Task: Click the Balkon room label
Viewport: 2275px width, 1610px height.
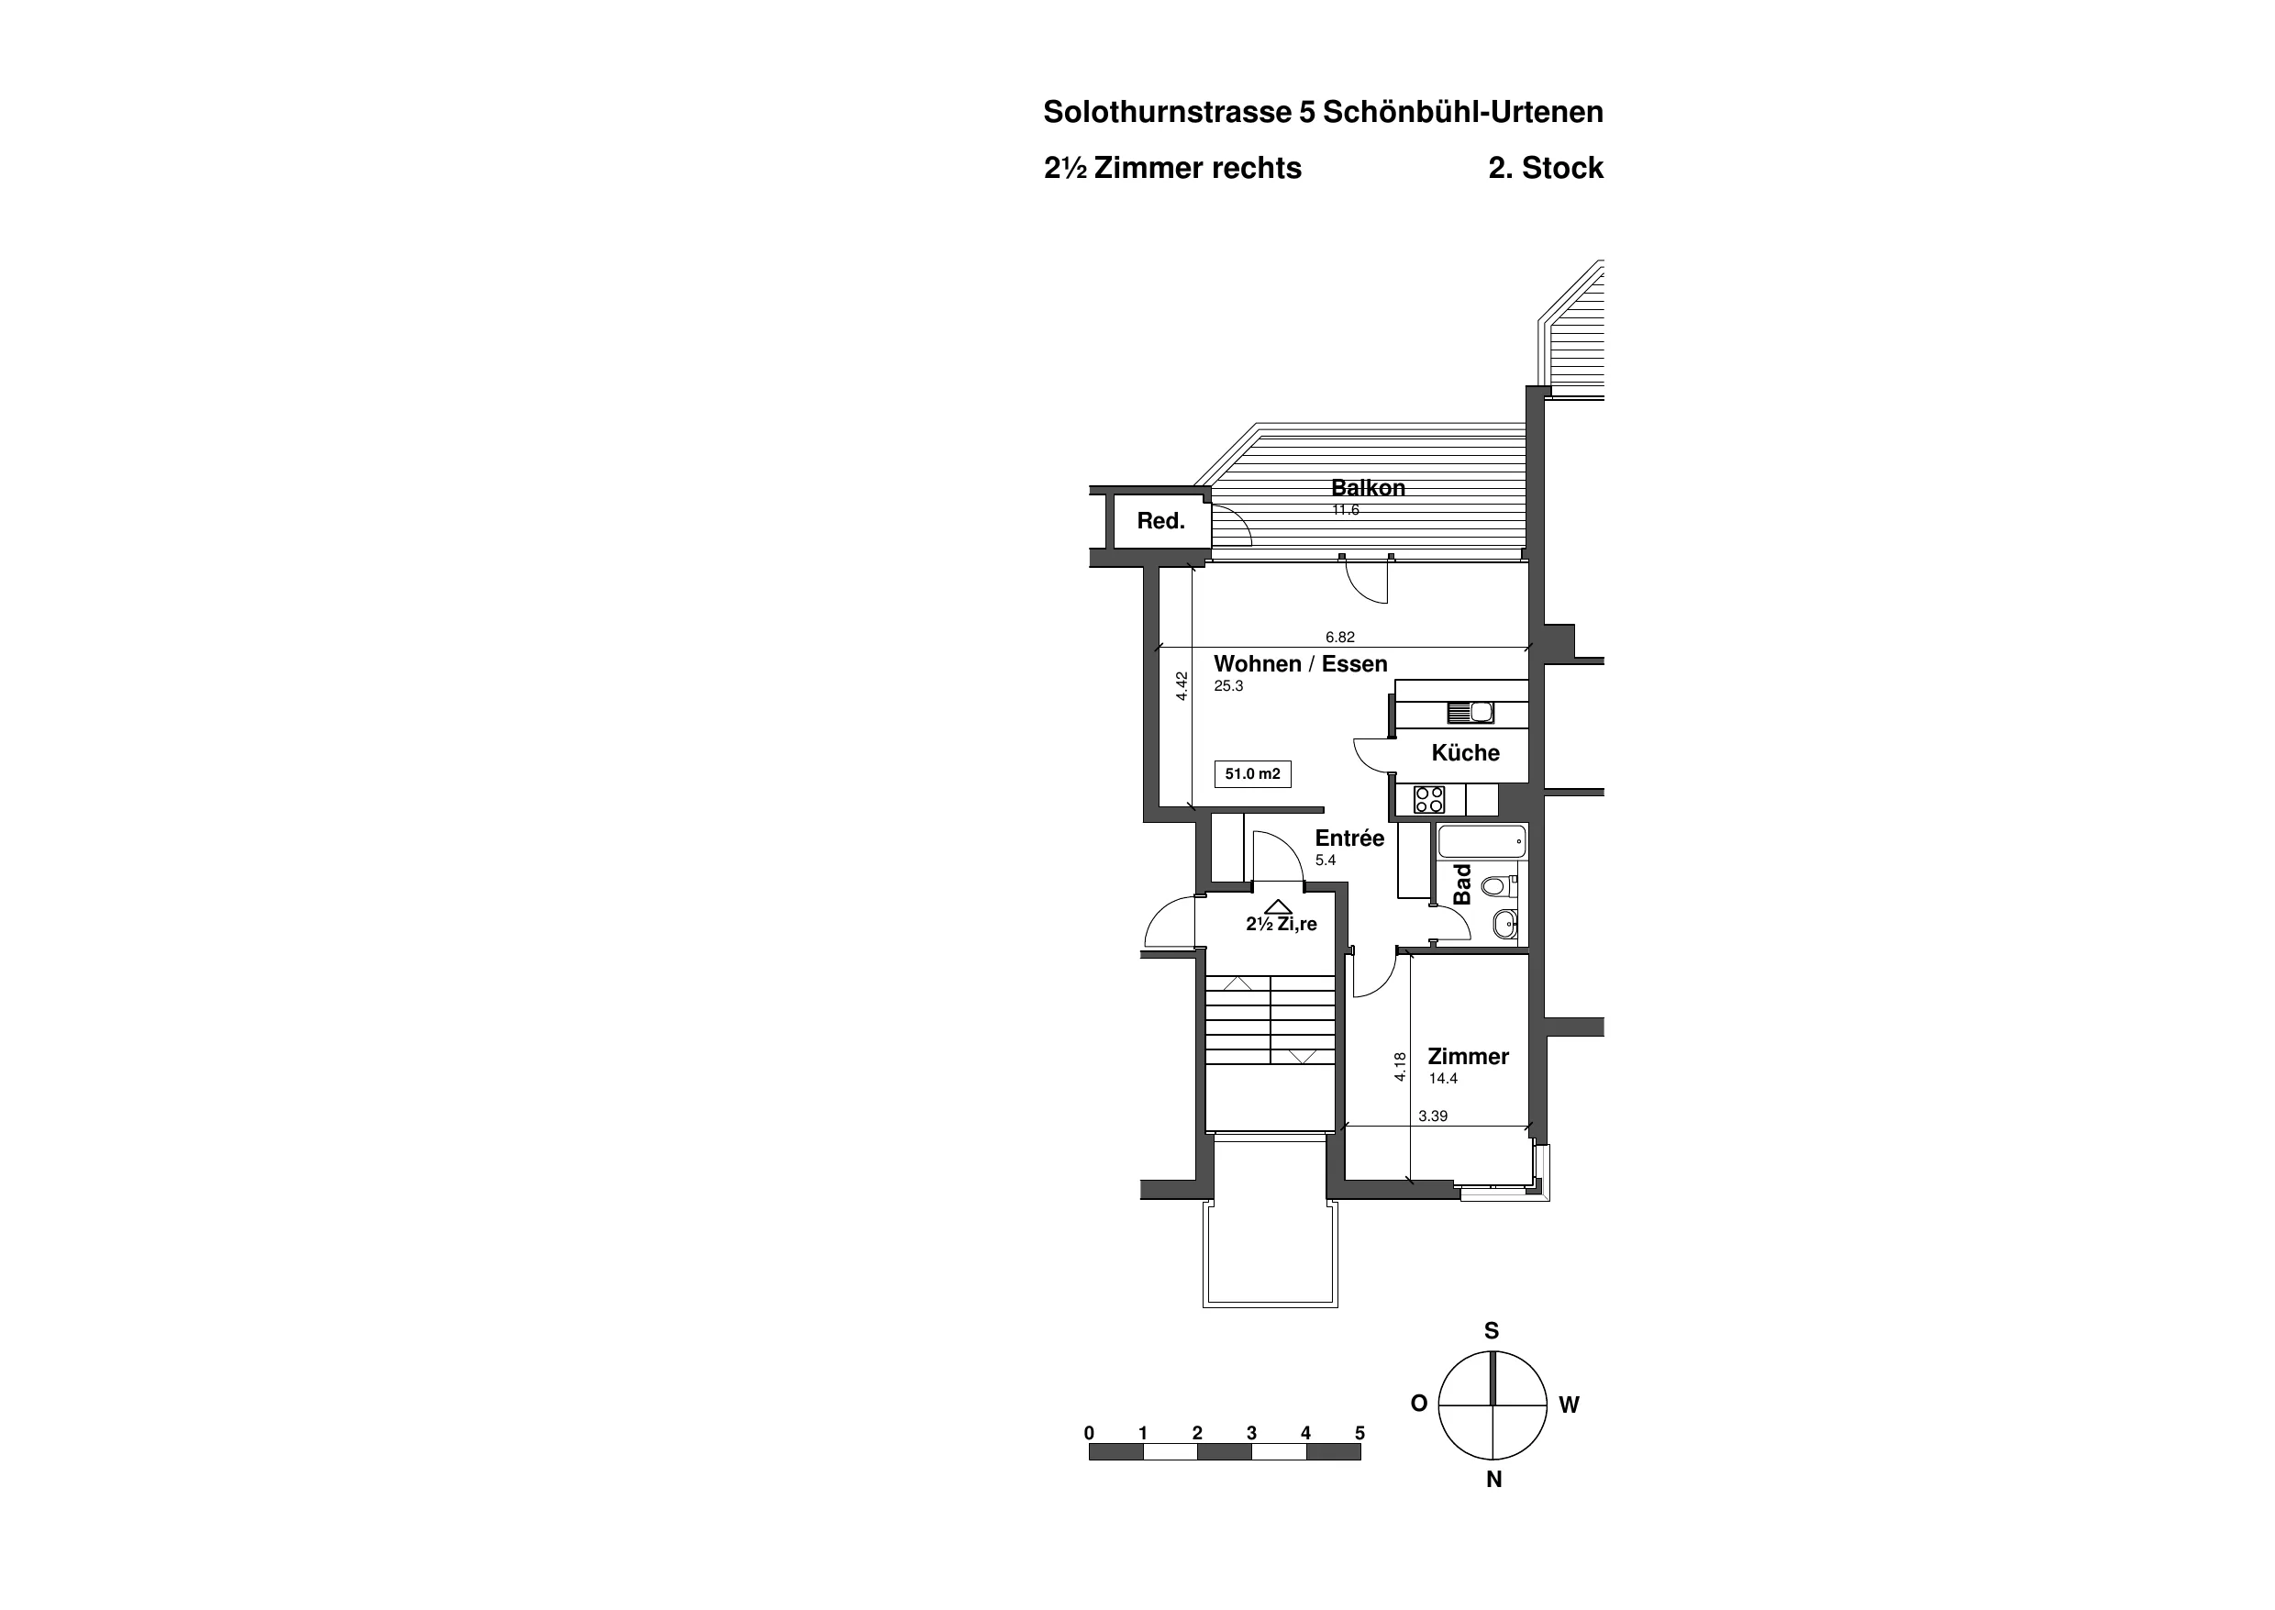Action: point(1368,488)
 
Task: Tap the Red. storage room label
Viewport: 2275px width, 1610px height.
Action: point(1160,521)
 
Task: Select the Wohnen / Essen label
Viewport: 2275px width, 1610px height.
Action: point(1301,664)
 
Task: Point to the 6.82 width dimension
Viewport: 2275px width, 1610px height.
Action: point(1340,638)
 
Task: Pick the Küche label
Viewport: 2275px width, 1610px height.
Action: point(1465,753)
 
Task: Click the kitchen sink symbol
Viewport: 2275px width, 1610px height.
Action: point(1471,712)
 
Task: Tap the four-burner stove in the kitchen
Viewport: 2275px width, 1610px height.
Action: point(1429,800)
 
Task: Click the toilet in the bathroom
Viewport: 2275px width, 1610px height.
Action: point(1498,885)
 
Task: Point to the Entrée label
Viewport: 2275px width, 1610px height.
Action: point(1349,838)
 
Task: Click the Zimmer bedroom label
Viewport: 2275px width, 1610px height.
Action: point(1468,1057)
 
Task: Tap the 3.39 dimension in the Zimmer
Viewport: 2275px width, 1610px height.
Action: point(1432,1116)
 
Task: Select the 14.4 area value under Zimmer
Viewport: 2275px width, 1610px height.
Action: point(1443,1079)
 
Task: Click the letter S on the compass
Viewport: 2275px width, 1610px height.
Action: point(1492,1331)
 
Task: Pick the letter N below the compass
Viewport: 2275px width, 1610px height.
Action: point(1493,1480)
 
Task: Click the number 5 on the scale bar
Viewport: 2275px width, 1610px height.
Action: point(1360,1434)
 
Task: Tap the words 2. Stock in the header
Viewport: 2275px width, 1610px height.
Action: point(1546,169)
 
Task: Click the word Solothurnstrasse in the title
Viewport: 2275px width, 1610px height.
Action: point(1167,112)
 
